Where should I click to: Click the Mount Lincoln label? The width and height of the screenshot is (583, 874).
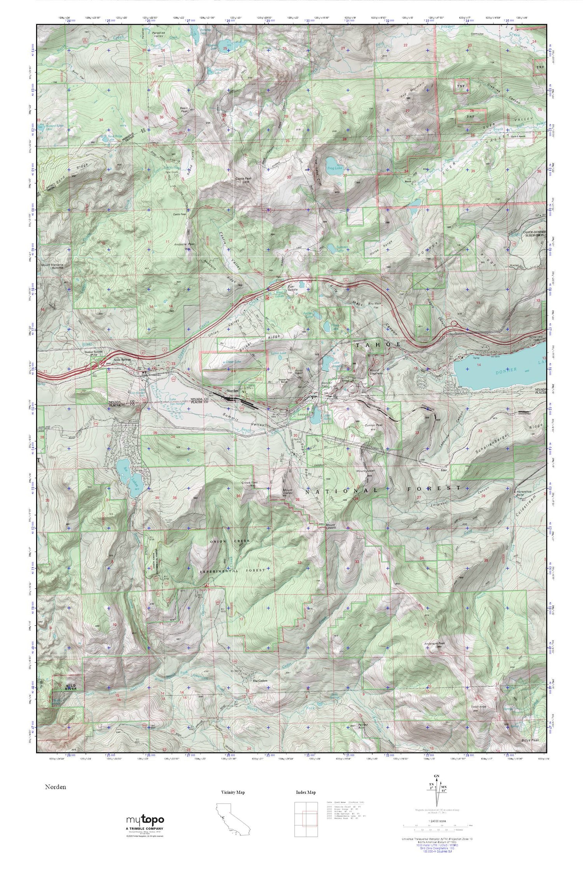(322, 526)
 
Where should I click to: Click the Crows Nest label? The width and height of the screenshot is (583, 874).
(250, 483)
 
